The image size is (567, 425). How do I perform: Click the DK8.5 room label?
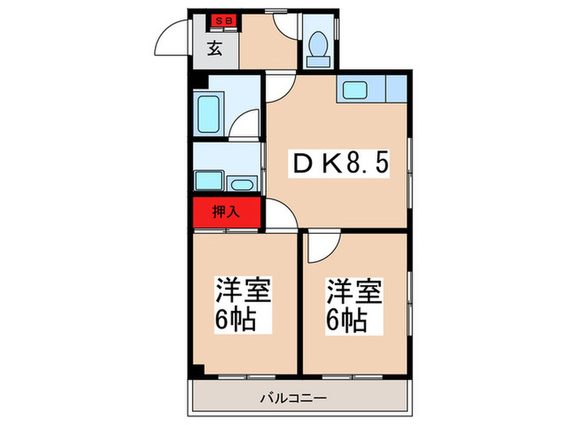340,164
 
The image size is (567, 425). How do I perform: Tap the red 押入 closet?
226,213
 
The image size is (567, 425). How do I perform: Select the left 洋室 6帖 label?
242,304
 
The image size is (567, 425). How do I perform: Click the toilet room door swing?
287,28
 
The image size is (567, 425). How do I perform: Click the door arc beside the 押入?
279,216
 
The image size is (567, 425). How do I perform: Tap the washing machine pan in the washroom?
209,180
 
